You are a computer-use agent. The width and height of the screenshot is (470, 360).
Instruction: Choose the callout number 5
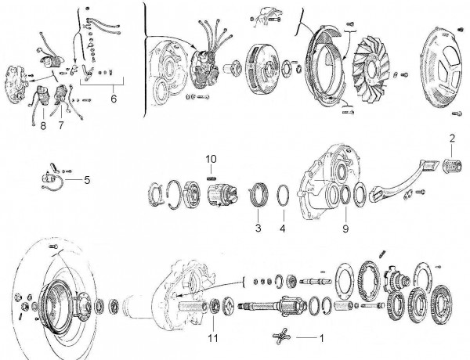tap(87, 179)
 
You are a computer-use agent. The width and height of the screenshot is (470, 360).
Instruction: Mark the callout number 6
tap(113, 99)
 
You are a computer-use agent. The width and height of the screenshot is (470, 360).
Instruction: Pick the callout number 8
tap(43, 124)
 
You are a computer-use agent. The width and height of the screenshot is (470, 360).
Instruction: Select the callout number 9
tap(345, 229)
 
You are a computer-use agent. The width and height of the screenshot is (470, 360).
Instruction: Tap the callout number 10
tap(210, 160)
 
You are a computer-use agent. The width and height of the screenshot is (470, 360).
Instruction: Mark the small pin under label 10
tap(211, 177)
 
